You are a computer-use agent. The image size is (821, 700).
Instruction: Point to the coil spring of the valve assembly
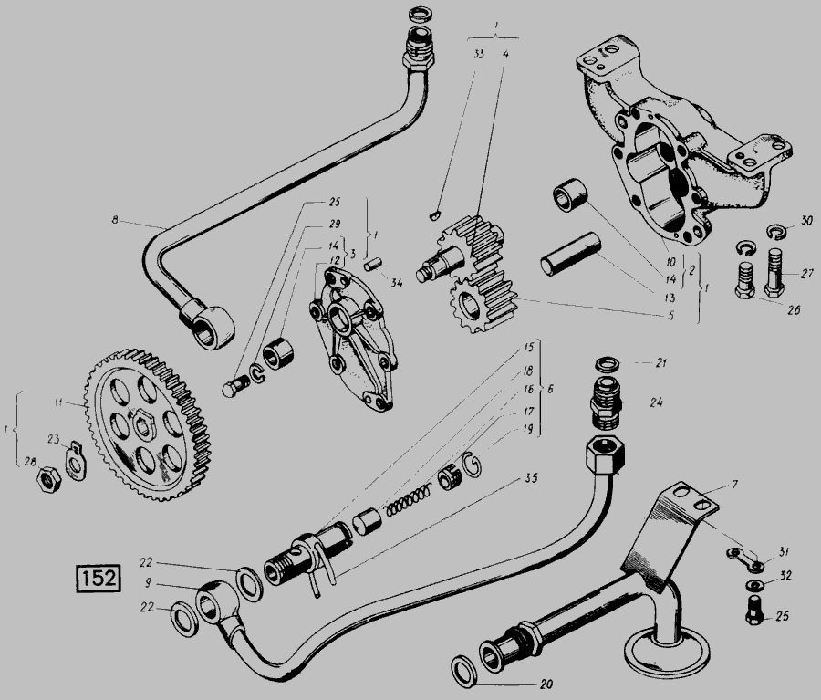click(x=406, y=500)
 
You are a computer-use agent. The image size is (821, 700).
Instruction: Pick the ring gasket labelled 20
click(x=464, y=671)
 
